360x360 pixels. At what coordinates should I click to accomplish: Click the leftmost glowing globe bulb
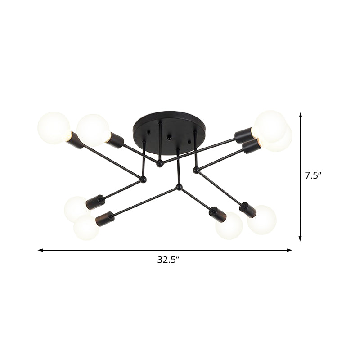54,127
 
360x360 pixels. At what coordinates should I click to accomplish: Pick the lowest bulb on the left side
86,227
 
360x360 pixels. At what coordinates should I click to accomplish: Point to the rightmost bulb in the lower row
262,219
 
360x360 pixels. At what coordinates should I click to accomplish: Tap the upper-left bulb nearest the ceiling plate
93,130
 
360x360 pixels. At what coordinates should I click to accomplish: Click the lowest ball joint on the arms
179,186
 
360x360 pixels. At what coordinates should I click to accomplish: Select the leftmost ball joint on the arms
144,180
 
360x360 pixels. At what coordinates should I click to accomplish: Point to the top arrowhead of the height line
301,116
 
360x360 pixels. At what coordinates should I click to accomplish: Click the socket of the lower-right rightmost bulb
247,209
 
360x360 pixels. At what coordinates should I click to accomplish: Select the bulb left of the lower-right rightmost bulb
229,226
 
